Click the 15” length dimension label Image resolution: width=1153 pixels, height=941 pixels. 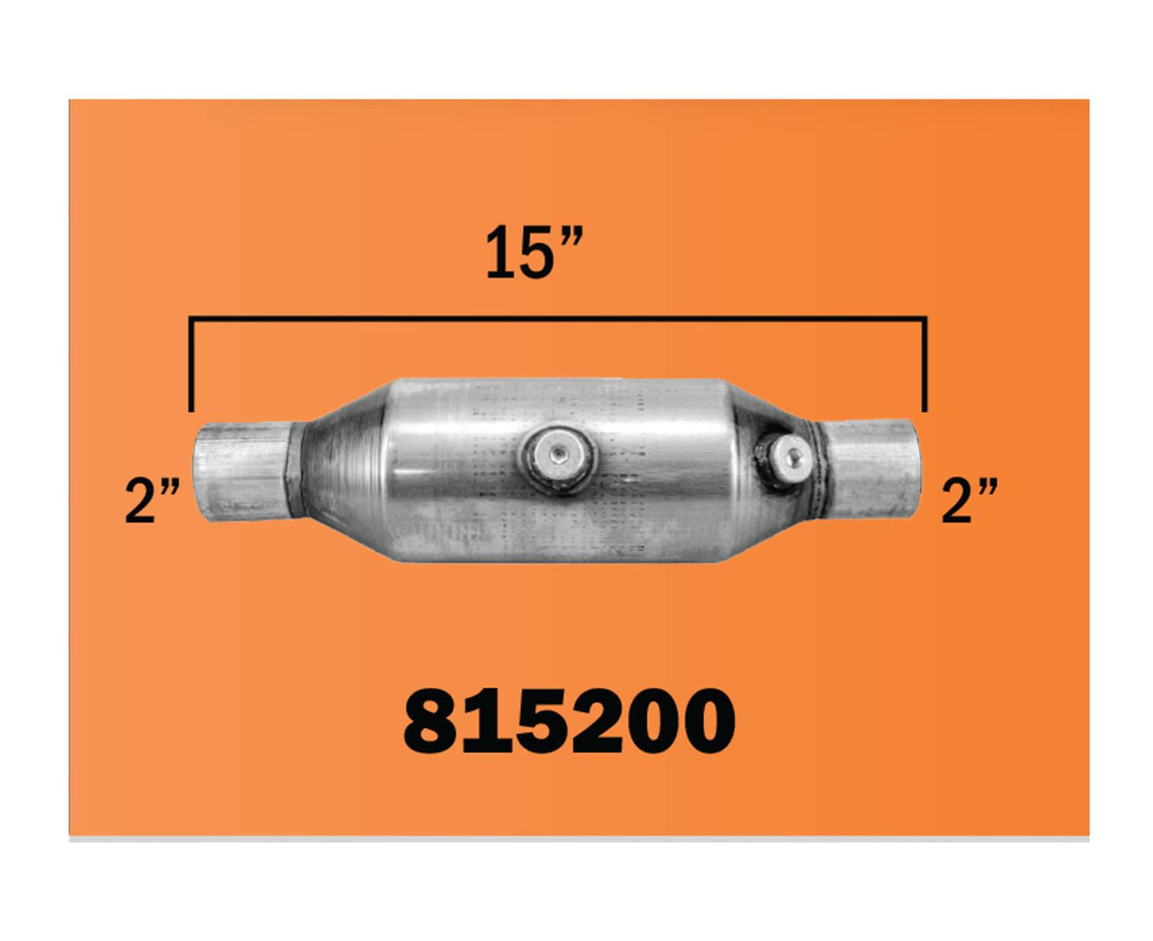pyautogui.click(x=534, y=252)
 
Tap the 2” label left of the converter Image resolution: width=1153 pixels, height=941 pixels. pyautogui.click(x=152, y=500)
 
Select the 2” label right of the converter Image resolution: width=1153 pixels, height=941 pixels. pyautogui.click(x=969, y=500)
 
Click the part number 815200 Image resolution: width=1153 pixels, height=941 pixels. pyautogui.click(x=569, y=722)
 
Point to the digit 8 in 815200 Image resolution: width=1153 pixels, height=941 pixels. pyautogui.click(x=429, y=722)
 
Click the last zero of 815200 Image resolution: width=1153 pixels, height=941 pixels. pyautogui.click(x=708, y=722)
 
